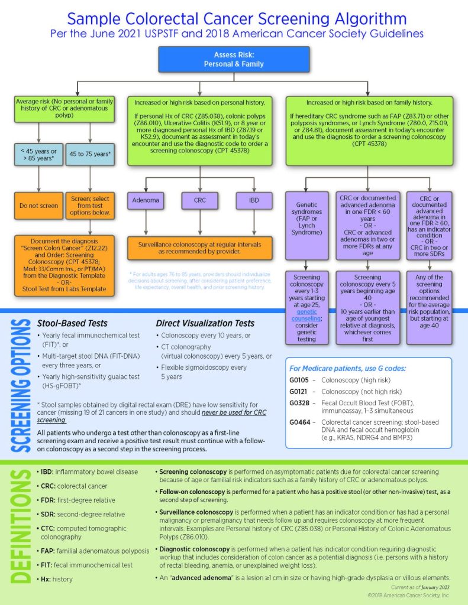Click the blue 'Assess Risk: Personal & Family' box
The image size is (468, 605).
234,60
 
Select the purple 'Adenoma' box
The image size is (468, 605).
146,200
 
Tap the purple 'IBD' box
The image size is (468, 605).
254,200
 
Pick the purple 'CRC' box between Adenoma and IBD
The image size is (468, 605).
200,200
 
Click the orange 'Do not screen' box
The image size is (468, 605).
38,206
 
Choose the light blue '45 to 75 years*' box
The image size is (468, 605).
90,154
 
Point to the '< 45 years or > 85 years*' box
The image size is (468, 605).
38,154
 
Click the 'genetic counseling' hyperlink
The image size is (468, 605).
306,315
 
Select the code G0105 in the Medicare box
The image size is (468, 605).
299,380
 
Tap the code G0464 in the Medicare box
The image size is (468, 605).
299,422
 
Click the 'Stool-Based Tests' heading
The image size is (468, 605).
72,323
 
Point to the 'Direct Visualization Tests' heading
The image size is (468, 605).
205,323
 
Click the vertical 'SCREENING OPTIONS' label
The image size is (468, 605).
21,385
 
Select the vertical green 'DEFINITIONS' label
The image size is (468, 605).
21,526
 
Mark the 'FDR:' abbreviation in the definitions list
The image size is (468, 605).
49,500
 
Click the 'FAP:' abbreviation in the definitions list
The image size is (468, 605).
49,551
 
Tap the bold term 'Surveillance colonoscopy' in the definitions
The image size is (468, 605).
196,512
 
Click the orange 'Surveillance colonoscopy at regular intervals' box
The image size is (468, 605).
200,248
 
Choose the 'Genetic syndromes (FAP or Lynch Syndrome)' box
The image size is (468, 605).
307,226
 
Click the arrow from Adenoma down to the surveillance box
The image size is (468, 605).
146,222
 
